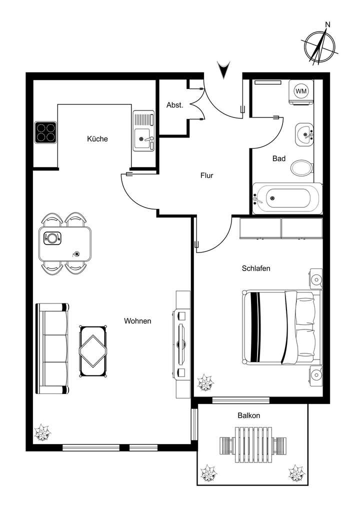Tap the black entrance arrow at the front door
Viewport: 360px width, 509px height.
tap(223, 69)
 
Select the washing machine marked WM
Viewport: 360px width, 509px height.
tap(301, 91)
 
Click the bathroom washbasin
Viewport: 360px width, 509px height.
tap(304, 134)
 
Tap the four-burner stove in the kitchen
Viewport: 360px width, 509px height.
tap(45, 132)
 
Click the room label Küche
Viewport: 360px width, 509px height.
tap(97, 139)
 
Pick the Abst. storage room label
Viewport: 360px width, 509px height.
tap(175, 105)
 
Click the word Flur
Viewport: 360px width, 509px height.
tap(207, 175)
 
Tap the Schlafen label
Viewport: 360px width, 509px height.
tap(256, 268)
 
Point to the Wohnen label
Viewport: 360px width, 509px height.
tap(137, 321)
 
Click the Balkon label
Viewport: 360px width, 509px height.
tap(248, 415)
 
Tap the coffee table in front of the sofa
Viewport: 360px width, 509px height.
tap(93, 351)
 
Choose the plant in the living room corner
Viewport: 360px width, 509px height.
tap(42, 432)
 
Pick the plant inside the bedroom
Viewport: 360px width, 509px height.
tap(205, 384)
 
